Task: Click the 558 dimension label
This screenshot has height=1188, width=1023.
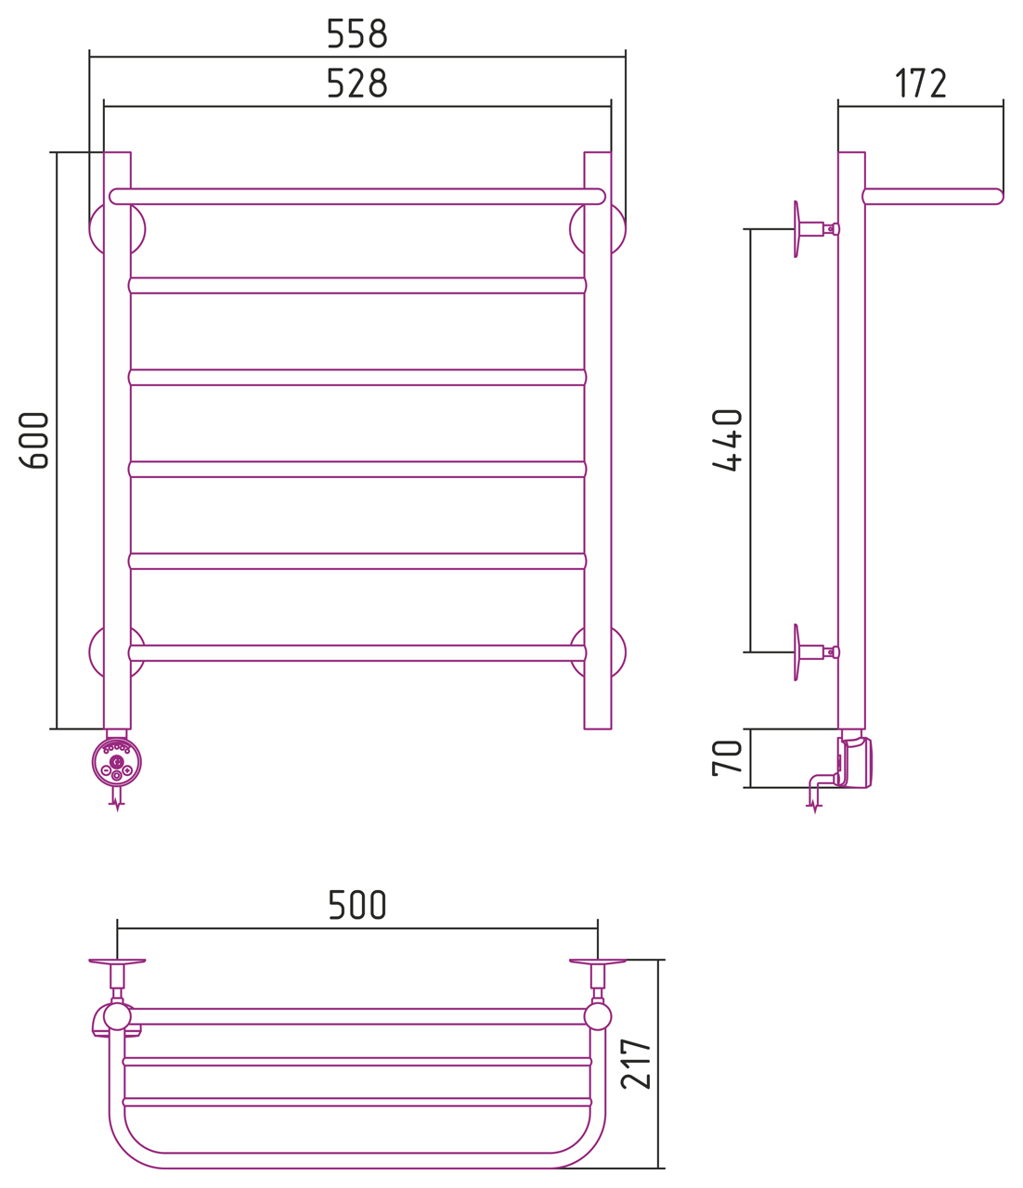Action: [x=356, y=34]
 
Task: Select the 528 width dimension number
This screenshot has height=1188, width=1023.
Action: [x=356, y=84]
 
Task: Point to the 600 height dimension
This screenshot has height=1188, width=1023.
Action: [x=34, y=440]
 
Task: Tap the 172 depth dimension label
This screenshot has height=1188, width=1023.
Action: [x=920, y=84]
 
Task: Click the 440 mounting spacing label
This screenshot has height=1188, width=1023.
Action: [x=727, y=440]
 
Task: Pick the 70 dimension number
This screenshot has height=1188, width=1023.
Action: [x=727, y=758]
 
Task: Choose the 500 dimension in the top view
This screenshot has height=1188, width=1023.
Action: [x=356, y=905]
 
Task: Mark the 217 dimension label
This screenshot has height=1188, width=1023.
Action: [x=636, y=1064]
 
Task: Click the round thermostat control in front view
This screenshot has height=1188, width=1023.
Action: [x=117, y=763]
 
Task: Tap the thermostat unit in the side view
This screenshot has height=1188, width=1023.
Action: [x=855, y=763]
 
